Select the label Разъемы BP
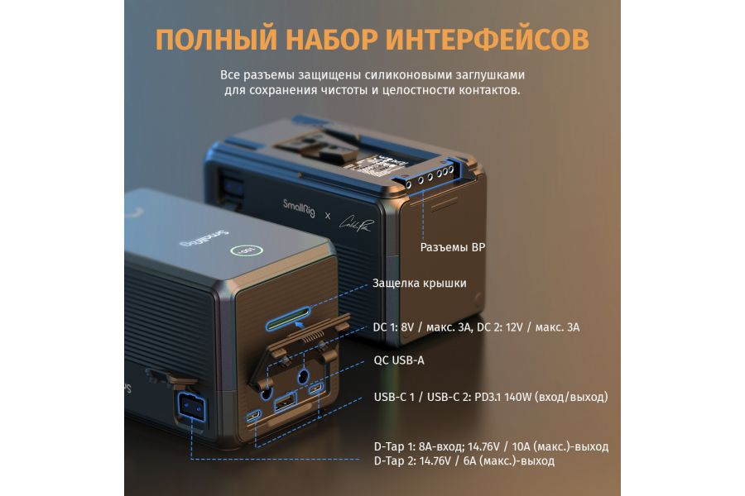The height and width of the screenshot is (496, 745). pos(453,246)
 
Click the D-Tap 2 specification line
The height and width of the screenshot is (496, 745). pos(464,460)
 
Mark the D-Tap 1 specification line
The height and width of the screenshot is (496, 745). pos(491,446)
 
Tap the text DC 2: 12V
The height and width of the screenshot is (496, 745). pos(508,327)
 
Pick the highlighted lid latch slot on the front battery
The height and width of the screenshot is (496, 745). pos(287,317)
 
